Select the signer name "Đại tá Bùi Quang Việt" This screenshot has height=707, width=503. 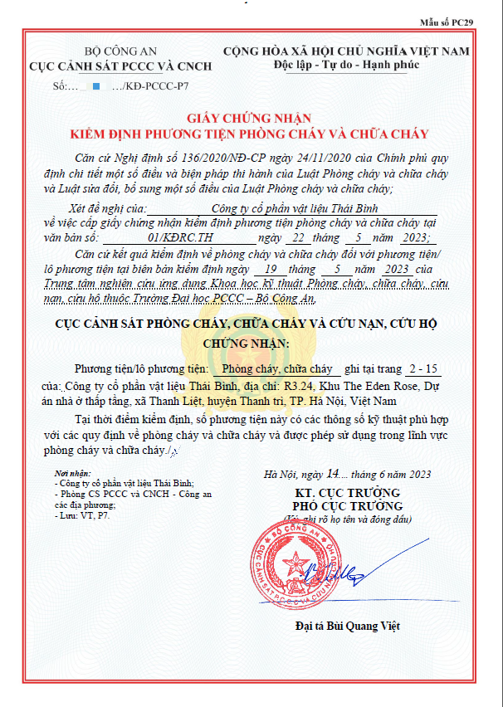point(347,625)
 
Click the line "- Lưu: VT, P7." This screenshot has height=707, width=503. point(81,514)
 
